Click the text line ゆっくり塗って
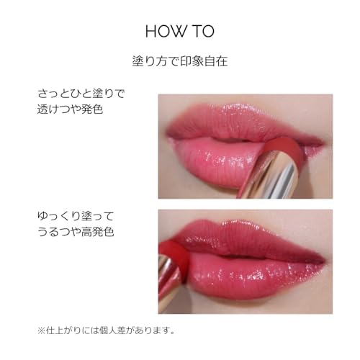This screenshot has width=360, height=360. [x=75, y=215]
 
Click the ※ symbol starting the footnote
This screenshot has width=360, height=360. [x=40, y=331]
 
